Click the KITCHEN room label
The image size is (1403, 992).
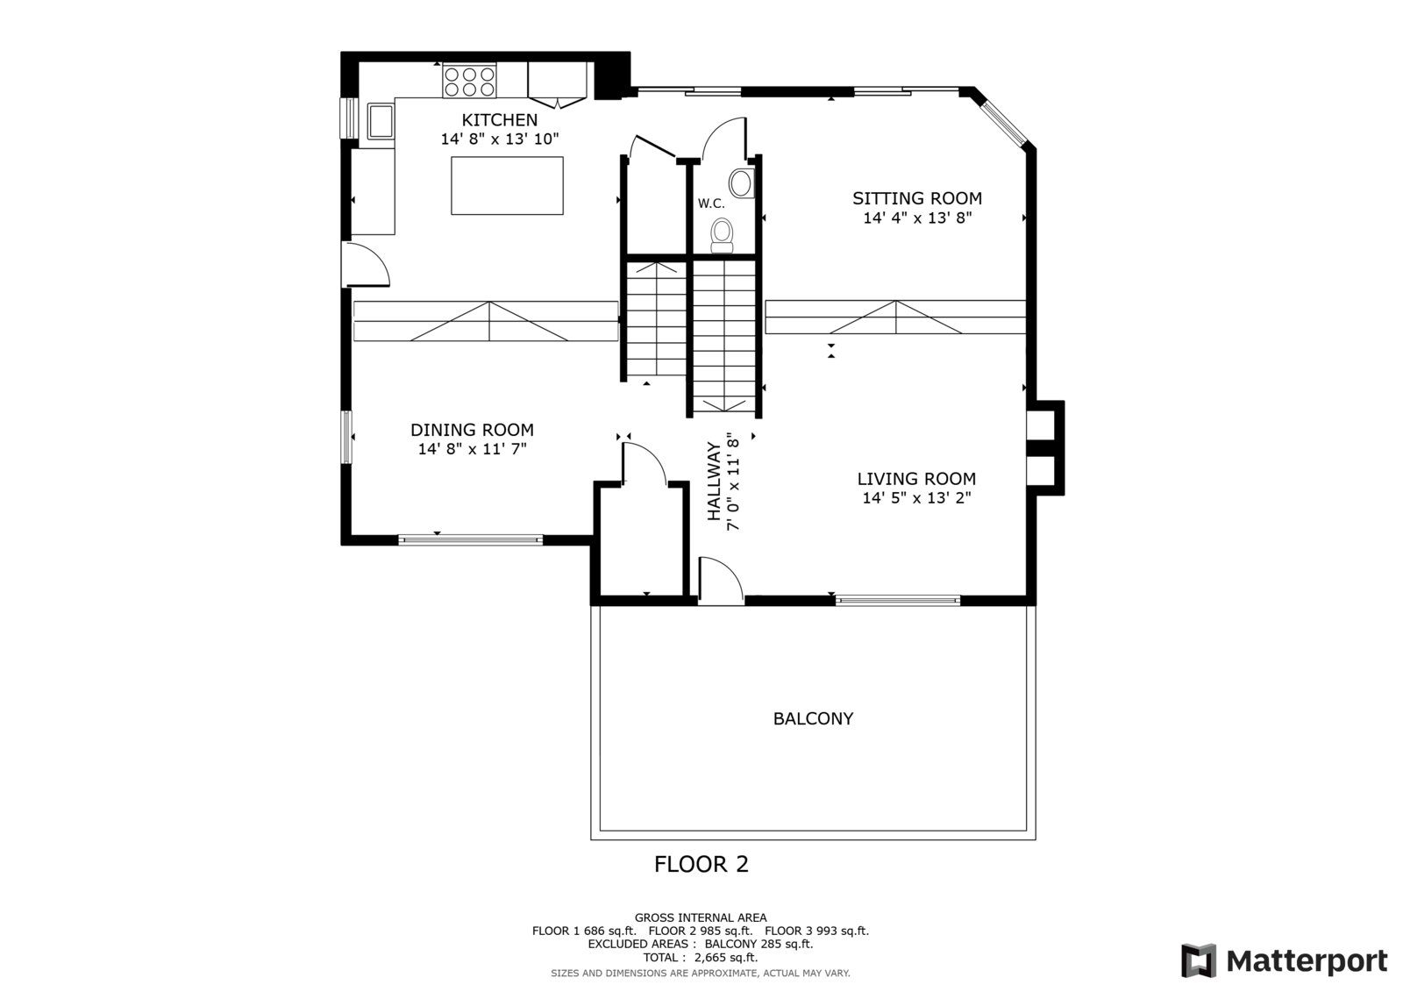tap(499, 119)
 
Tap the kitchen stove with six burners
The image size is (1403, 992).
tap(469, 81)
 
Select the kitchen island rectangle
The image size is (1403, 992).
tap(507, 185)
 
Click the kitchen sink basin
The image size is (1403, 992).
tap(381, 121)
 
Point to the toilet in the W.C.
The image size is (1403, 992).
tap(723, 236)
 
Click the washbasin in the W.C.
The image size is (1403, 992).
tap(742, 183)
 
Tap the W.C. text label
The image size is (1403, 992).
tap(711, 203)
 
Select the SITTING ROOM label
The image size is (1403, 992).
tap(917, 198)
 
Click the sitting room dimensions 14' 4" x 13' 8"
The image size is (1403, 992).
tap(917, 218)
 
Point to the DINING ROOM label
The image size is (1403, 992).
tap(473, 430)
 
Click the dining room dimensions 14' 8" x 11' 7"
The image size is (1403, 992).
tap(473, 449)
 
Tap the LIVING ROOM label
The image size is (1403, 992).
tap(916, 479)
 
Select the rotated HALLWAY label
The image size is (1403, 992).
tap(714, 482)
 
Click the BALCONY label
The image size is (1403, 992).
tap(813, 718)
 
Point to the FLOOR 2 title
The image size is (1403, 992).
tap(701, 865)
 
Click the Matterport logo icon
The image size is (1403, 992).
tap(1199, 960)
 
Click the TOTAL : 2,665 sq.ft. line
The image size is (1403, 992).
tap(701, 958)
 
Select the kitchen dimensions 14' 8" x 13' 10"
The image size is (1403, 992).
tap(499, 139)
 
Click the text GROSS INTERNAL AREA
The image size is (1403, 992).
tap(701, 918)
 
